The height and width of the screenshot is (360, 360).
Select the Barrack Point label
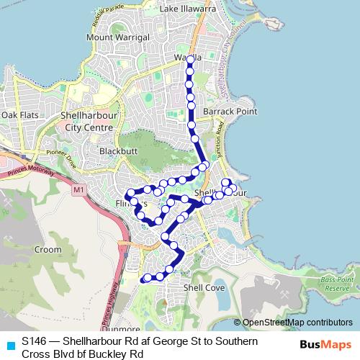point(230,112)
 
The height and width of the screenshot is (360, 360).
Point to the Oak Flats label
point(19,115)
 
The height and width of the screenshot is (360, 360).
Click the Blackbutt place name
point(117,151)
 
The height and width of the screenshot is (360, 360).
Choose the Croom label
point(48,249)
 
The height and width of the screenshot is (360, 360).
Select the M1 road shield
point(78,189)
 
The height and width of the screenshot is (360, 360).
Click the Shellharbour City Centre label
point(88,121)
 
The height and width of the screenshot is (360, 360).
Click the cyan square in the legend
point(10,345)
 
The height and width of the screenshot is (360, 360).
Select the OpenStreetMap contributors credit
point(297,323)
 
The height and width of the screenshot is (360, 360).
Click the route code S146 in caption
point(36,341)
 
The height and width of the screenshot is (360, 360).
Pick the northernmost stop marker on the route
point(189,60)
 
